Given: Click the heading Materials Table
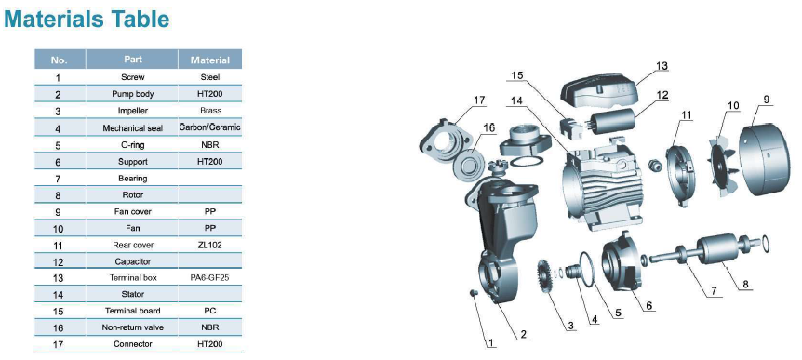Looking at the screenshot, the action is (87, 19).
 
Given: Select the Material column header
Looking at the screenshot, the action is (209, 60).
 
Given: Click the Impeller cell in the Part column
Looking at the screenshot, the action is (133, 111).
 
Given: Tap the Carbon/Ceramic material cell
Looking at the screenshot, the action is (209, 127).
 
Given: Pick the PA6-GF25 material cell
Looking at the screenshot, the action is (209, 277).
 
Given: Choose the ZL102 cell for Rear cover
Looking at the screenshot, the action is (209, 245).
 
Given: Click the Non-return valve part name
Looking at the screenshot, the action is (133, 327).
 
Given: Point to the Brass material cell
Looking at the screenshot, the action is (210, 111).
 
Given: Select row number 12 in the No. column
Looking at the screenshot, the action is (59, 262).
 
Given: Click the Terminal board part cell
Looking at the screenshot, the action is (133, 311).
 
